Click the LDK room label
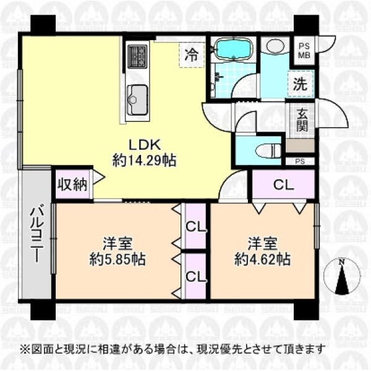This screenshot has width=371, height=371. pos(145,145)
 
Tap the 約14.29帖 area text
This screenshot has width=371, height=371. pos(144,160)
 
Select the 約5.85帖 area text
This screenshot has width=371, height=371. pos(117,260)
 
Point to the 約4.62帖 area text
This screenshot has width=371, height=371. pos(263,260)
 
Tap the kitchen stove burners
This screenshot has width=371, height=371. pos(137,56)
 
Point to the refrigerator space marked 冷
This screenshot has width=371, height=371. pos(192,56)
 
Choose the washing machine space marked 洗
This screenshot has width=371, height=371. pos(301,83)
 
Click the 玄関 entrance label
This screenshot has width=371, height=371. pos(302,121)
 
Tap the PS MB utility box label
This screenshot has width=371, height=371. pos(304,51)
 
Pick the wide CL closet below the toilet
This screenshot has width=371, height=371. pos(283,184)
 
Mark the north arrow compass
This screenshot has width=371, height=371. pos(342,276)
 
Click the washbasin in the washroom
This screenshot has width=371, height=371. pos(275,45)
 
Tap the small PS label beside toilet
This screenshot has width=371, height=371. pos(301,162)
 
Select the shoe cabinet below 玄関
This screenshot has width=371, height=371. pos(300,146)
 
